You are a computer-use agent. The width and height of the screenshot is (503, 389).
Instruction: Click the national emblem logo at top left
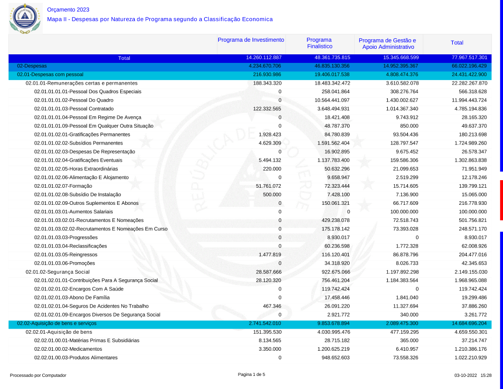coord(24,17)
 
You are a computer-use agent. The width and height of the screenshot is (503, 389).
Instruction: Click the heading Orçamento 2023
coord(68,10)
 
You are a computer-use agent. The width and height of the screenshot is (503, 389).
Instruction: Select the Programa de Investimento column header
coord(251,40)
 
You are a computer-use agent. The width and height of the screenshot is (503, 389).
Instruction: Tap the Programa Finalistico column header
coord(319,43)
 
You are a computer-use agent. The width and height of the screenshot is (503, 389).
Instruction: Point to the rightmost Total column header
coord(457,43)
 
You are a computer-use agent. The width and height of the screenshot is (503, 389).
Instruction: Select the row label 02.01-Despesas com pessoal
coord(50,74)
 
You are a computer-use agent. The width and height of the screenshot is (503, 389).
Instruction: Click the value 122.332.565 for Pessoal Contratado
coord(267,109)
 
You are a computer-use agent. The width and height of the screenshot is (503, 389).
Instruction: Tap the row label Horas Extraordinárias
coord(76,169)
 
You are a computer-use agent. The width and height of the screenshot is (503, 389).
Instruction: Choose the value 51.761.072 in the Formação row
coord(269,186)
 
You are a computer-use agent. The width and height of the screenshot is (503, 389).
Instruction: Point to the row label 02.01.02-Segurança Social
coord(57,272)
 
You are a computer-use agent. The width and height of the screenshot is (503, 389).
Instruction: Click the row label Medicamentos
coord(68,349)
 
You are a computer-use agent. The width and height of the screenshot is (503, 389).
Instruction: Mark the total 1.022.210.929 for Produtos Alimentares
coord(469,357)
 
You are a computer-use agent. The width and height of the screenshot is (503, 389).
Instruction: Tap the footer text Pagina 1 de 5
coord(251,374)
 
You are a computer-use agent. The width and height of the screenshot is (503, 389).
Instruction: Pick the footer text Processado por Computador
coord(38,375)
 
